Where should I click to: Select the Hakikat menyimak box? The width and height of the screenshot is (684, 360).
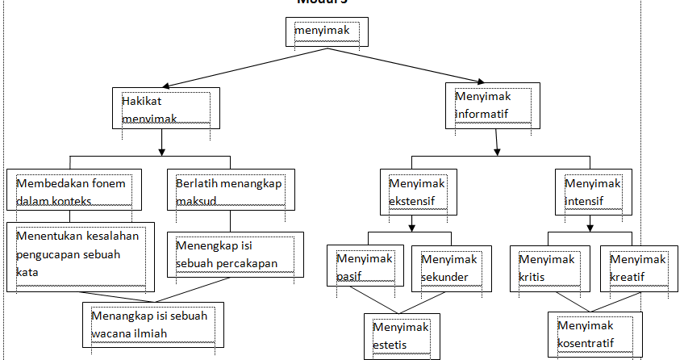pos(165,109)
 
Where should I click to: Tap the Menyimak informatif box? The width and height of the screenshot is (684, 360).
pos(491,105)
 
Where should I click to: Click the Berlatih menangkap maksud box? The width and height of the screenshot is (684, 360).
pos(230,191)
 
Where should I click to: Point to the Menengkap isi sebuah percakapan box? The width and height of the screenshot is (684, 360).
pos(235,254)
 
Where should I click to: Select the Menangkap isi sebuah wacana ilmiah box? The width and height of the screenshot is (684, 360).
pos(152,324)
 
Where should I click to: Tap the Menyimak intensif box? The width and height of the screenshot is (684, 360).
pos(593,191)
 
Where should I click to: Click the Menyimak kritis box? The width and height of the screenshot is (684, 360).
pos(548,267)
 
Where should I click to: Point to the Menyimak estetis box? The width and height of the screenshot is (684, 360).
pos(402,335)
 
